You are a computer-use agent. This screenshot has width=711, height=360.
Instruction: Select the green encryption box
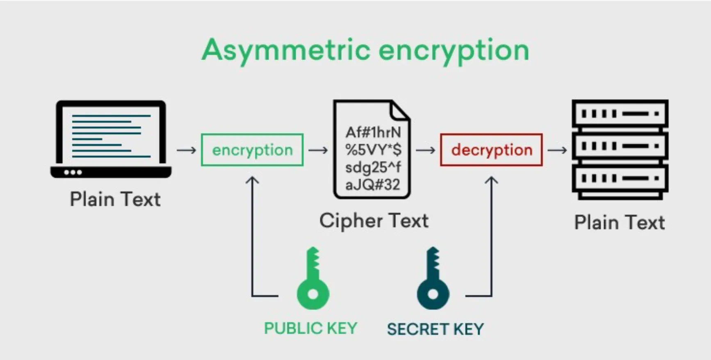pyautogui.click(x=252, y=150)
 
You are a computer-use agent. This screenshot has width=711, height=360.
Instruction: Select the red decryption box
pyautogui.click(x=491, y=150)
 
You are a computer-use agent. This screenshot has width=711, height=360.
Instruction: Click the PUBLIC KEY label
pyautogui.click(x=310, y=328)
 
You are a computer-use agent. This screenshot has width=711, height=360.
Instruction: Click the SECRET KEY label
pyautogui.click(x=435, y=329)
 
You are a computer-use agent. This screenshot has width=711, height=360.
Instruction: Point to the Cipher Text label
pyautogui.click(x=374, y=221)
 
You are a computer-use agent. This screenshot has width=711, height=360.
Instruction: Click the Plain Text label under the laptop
pyautogui.click(x=115, y=200)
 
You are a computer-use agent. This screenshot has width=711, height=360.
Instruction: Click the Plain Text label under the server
pyautogui.click(x=619, y=223)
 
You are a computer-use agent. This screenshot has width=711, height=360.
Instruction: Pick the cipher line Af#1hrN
pyautogui.click(x=373, y=132)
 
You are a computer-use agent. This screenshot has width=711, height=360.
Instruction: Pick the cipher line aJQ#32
pyautogui.click(x=372, y=185)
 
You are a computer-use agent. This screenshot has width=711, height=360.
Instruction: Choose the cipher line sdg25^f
pyautogui.click(x=373, y=167)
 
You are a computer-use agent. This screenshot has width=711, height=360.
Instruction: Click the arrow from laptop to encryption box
pyautogui.click(x=187, y=150)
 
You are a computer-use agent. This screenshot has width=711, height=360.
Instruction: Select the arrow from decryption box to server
pyautogui.click(x=557, y=150)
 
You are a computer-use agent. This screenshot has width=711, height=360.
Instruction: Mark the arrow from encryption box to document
pyautogui.click(x=318, y=150)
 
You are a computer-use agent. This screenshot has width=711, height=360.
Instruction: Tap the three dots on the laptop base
pyautogui.click(x=73, y=172)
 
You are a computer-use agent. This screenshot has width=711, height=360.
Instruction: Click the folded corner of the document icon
pyautogui.click(x=400, y=110)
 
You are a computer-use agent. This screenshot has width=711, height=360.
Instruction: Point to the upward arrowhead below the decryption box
pyautogui.click(x=491, y=180)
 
